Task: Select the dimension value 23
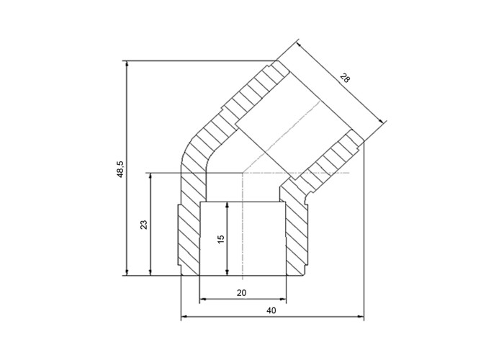coord(144,225)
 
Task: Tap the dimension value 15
coord(221,239)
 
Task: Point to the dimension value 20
coord(241,293)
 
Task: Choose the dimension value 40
coord(271,310)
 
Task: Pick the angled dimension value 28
coord(345,78)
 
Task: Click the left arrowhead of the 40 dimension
coord(184,318)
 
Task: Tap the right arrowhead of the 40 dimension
coord(361,318)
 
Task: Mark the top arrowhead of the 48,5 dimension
coord(127,63)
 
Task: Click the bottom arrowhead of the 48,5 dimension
coord(127,273)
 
